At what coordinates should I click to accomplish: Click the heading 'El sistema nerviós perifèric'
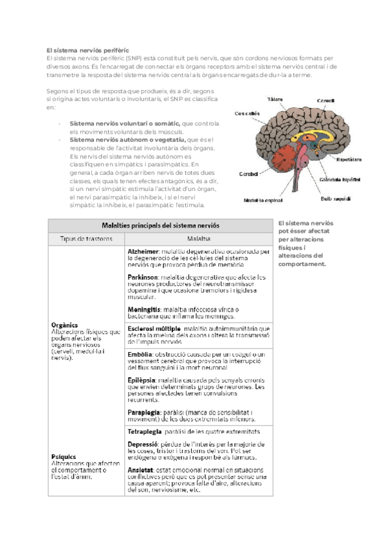point(88,49)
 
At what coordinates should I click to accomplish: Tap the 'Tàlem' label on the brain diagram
point(275,99)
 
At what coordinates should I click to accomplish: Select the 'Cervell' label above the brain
point(325,101)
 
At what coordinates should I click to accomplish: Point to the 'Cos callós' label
point(248,113)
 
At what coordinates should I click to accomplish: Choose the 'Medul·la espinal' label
point(263,200)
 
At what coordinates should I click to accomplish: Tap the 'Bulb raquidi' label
point(336,199)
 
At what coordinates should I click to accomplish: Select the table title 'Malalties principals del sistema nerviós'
point(160,226)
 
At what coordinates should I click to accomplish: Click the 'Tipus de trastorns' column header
point(86,239)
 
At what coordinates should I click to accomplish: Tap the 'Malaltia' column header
point(200,239)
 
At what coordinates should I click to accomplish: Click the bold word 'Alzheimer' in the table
point(143,252)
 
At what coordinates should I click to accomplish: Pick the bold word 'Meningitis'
point(145,309)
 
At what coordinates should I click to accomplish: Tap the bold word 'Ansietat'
point(142,470)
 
